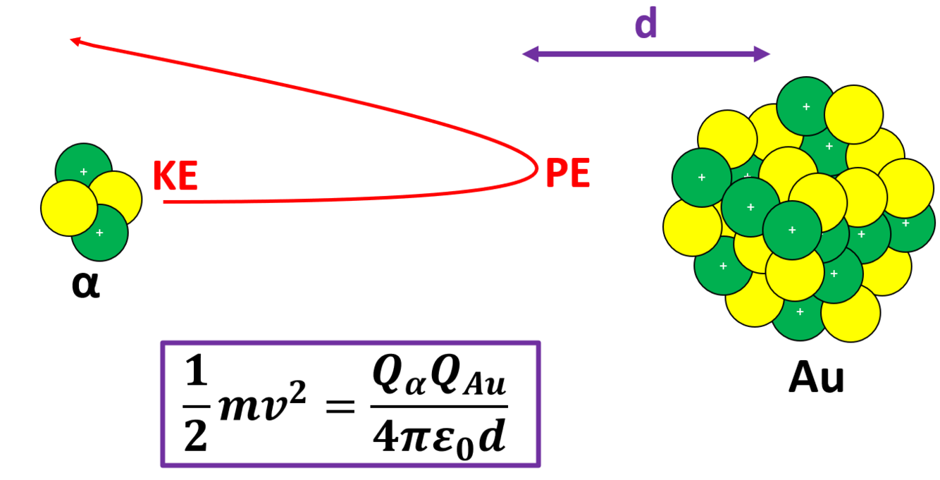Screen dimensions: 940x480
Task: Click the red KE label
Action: click(175, 176)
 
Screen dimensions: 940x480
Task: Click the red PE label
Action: click(568, 173)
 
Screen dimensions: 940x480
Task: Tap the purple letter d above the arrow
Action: click(645, 25)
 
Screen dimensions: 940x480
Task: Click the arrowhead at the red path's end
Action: click(75, 42)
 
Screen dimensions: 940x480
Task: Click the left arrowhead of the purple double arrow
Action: click(529, 54)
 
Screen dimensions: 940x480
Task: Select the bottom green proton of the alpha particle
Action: click(100, 232)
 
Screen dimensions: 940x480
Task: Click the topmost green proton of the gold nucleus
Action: click(806, 106)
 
